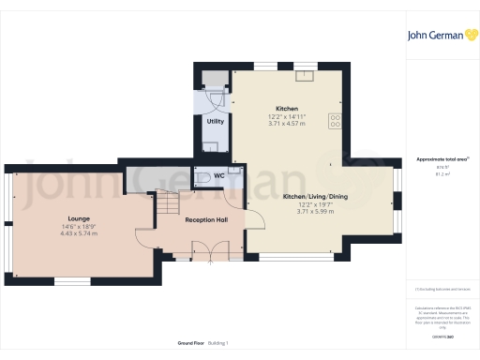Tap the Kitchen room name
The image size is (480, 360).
click(x=287, y=108)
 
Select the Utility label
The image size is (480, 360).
click(x=215, y=121)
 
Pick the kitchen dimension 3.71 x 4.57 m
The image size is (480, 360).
click(x=287, y=123)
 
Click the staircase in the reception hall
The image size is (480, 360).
click(x=166, y=202)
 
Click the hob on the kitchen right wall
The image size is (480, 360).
click(x=335, y=120)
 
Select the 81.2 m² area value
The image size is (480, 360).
click(x=440, y=173)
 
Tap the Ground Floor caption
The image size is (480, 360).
click(x=192, y=343)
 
